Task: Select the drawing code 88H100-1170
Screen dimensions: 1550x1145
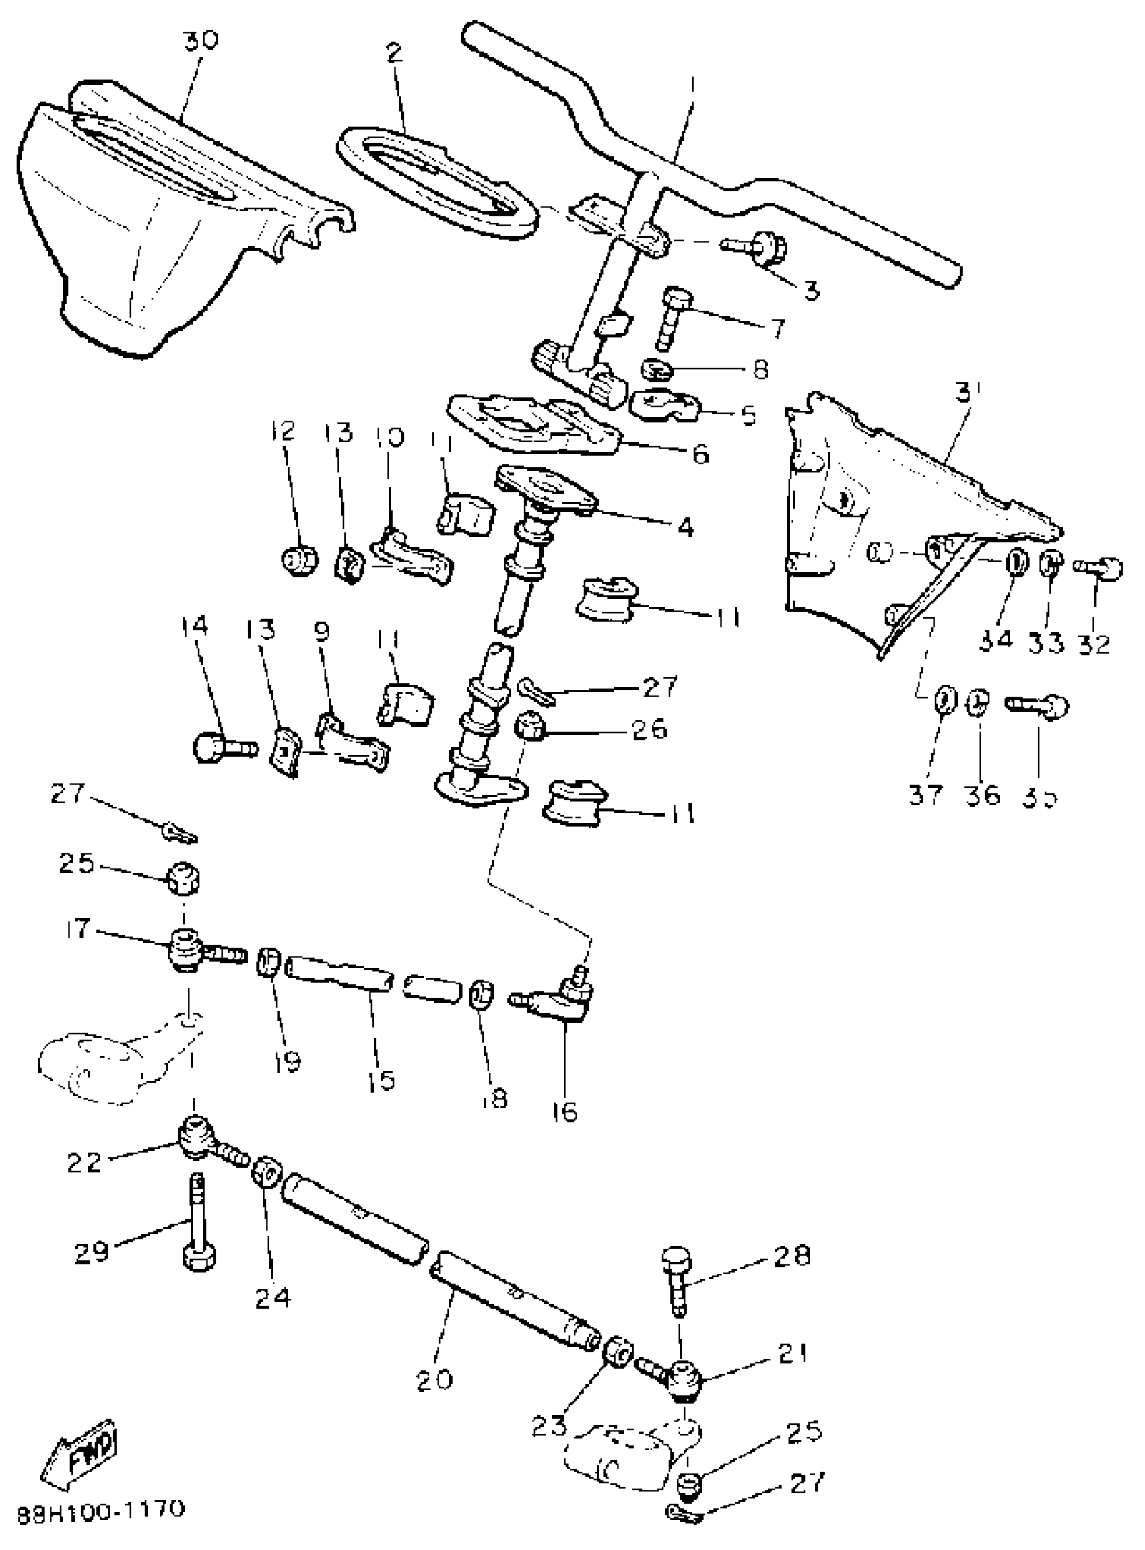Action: click(101, 1509)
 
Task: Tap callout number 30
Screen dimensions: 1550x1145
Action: click(200, 40)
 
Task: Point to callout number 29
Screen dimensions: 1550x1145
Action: click(92, 1251)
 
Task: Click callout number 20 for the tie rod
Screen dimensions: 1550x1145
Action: click(434, 1380)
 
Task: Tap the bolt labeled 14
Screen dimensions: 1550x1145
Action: click(222, 748)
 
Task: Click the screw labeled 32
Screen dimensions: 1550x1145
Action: click(1099, 568)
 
